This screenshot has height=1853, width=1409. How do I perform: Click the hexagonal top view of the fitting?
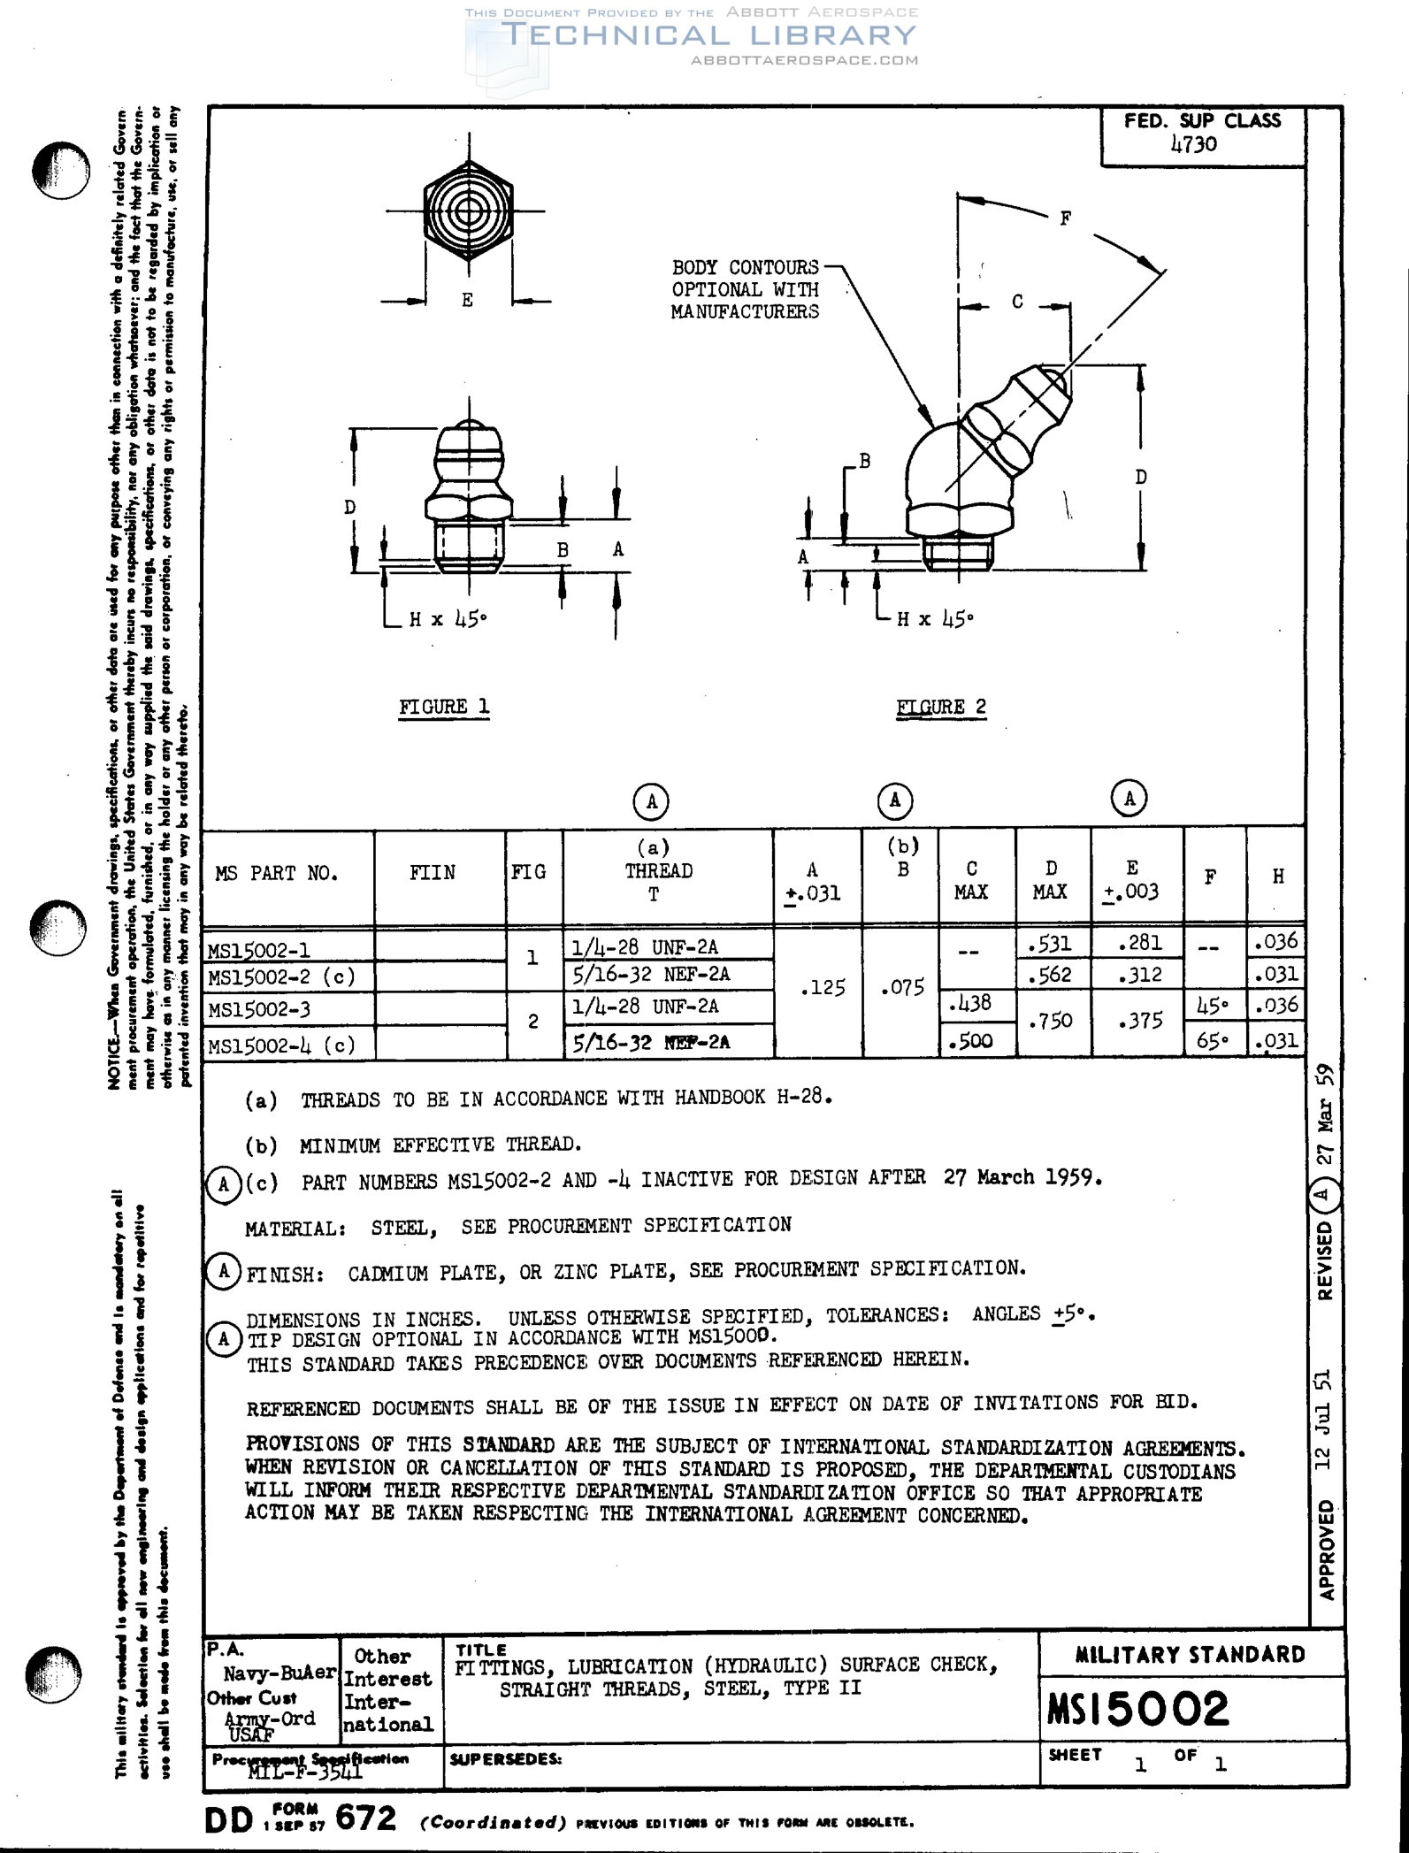(467, 211)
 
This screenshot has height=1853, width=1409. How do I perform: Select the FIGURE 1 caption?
(444, 707)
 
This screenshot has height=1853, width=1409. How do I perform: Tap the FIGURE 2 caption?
(941, 707)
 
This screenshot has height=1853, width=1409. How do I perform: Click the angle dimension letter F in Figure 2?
(1066, 218)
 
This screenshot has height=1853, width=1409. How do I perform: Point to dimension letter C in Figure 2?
(1017, 302)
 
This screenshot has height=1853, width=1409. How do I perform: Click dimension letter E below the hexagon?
(467, 300)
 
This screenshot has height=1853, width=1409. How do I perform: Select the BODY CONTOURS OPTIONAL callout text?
(745, 289)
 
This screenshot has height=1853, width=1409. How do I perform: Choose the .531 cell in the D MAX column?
(1050, 943)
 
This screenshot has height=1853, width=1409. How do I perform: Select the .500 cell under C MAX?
(970, 1041)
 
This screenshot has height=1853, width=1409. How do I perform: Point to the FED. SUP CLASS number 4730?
(1194, 144)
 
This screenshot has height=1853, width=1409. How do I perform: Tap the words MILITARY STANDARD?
(1190, 1655)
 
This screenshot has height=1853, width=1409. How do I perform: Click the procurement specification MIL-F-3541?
(305, 1771)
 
